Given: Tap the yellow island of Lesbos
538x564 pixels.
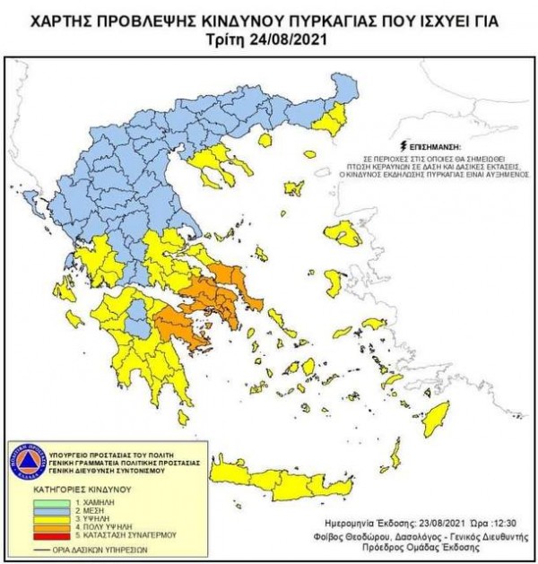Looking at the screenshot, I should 343,234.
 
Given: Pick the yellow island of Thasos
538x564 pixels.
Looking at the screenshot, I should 265,139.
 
